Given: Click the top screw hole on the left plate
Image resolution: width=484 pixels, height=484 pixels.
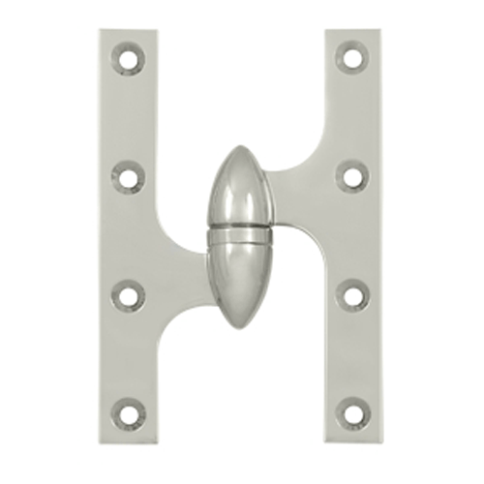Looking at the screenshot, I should tap(128, 59).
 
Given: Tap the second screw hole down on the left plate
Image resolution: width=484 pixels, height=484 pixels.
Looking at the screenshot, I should tap(128, 176).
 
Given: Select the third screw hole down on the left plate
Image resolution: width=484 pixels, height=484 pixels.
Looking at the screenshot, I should tap(128, 294).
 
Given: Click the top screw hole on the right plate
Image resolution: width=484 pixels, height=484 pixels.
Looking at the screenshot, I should tap(353, 59).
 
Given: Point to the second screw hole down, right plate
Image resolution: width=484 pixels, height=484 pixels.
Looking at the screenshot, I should tap(353, 176).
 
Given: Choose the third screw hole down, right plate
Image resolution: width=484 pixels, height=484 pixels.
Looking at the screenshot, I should tap(353, 294).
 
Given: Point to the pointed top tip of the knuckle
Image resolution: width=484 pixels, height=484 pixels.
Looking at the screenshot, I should tap(239, 148).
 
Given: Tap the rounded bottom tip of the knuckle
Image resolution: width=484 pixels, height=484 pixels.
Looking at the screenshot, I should tap(239, 325).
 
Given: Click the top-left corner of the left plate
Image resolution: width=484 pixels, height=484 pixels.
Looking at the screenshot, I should tap(101, 31).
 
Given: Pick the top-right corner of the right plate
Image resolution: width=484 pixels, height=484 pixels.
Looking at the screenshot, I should tap(378, 31).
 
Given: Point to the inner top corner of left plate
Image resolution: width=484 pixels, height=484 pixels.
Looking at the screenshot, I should tap(155, 31).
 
